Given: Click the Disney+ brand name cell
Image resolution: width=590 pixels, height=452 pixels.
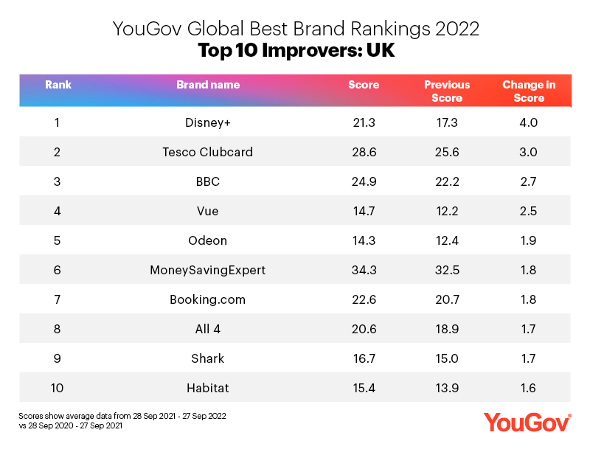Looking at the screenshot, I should coord(207,122).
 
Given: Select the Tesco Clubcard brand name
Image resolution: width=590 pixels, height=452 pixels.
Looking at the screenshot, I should coord(207,152).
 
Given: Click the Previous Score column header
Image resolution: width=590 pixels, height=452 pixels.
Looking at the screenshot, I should coord(447,91).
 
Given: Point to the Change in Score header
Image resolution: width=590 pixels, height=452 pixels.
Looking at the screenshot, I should coord(529,91).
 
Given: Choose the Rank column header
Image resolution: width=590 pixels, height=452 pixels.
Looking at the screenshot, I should coord(58,85).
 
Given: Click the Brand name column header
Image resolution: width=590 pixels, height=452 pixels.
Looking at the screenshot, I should coord(207,85).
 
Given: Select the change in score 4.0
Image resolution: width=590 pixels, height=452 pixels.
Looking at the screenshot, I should coord(529,122).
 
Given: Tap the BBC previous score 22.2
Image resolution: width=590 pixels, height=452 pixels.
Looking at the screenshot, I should coord(447,181).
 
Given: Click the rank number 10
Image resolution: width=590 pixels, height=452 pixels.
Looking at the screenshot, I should coord(58,388).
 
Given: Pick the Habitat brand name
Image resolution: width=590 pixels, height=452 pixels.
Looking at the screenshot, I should coord(207,388).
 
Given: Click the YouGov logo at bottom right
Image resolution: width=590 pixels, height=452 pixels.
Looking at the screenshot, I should coord(527,423).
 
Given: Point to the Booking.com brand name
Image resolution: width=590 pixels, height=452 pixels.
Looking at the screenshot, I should coord(207,299).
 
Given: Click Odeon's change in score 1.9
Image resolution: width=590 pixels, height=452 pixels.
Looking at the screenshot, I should coord(529,240).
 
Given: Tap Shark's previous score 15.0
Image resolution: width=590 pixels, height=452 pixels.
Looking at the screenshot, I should coord(447,358).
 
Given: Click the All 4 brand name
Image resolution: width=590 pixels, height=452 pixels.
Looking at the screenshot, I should coord(207,329).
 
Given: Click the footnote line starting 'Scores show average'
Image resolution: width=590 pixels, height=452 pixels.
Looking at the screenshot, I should coord(122,417).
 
